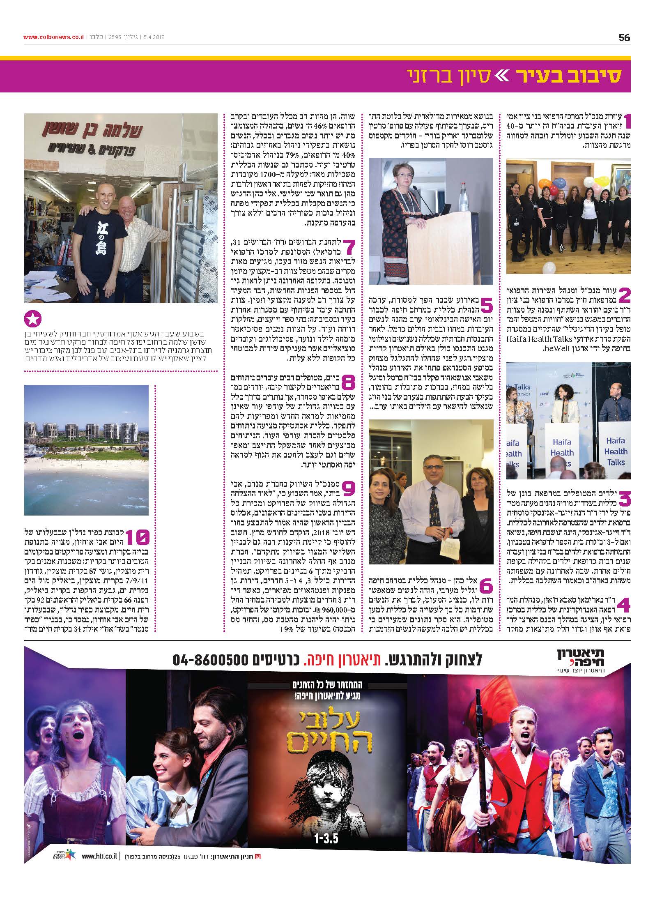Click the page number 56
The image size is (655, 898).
click(624, 38)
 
